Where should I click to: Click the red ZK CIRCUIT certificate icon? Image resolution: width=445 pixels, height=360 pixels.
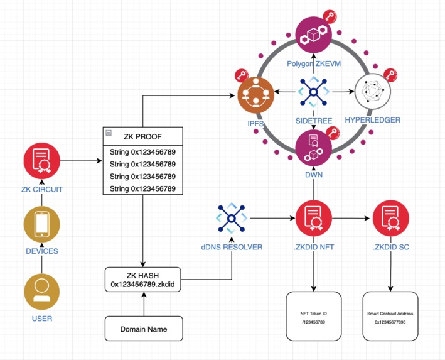click(41, 161)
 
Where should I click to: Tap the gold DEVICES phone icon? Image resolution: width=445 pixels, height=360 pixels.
click(41, 224)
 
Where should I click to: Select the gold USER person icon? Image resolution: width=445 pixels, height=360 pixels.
click(41, 291)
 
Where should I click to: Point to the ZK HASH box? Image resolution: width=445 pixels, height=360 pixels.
click(142, 280)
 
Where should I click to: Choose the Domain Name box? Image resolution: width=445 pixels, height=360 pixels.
click(144, 328)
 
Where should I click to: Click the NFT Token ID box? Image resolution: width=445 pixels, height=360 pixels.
click(313, 317)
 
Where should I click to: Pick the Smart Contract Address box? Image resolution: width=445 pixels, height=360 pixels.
click(390, 317)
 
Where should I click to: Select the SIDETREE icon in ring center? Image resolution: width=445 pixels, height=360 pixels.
click(313, 92)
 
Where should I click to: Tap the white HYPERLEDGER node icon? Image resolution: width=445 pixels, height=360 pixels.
click(372, 94)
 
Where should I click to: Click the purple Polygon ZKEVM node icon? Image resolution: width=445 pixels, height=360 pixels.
click(313, 35)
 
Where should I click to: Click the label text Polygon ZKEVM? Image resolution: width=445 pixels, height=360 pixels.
click(313, 64)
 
